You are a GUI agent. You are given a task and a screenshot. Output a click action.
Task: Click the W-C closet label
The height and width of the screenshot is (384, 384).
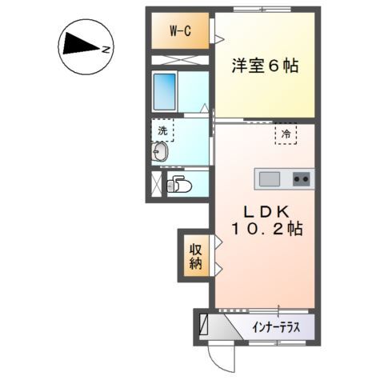(x=180, y=31)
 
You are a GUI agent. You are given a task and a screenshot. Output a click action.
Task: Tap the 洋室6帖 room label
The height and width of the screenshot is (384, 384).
(x=266, y=66)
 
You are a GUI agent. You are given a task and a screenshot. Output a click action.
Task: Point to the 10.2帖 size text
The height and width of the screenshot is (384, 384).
(x=266, y=230)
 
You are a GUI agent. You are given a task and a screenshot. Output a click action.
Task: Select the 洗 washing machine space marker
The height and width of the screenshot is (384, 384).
(x=162, y=130)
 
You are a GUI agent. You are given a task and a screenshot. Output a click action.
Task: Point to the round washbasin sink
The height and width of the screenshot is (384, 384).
(x=159, y=153)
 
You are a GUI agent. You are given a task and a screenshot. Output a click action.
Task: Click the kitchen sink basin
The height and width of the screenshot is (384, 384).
(x=268, y=178)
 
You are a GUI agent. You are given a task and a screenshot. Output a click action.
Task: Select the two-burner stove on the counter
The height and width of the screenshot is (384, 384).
(x=302, y=178)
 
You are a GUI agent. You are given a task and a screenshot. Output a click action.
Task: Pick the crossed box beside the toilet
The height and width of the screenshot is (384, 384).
(x=156, y=184)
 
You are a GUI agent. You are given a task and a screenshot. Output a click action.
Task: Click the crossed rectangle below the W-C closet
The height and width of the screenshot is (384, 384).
(x=180, y=60)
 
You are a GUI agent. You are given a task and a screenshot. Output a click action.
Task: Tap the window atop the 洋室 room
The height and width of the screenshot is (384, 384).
(x=264, y=10)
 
